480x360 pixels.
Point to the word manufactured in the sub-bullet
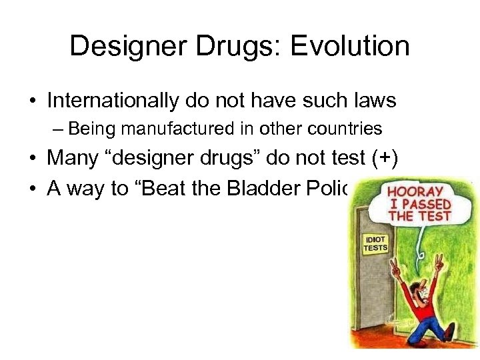tap(163, 128)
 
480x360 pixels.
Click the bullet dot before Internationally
tap(31, 101)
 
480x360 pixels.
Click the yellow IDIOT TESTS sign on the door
tap(375, 243)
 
